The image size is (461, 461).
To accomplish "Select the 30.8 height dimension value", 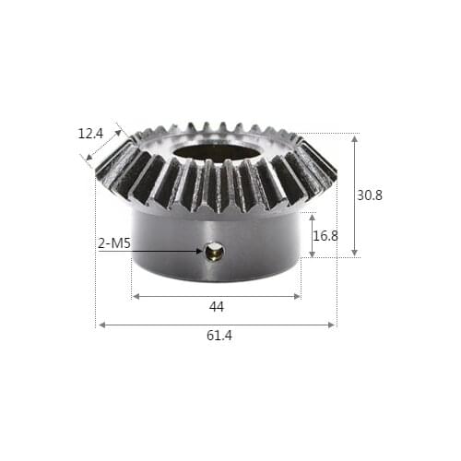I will click(369, 195).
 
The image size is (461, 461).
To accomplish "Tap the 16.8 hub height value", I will click(325, 236).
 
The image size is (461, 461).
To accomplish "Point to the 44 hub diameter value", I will click(217, 306).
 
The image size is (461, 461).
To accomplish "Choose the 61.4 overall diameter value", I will click(219, 336).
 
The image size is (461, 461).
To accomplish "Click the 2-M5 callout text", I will click(114, 243).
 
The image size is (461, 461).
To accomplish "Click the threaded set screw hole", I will click(214, 251).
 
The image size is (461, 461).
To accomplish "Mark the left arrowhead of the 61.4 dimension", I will click(101, 325).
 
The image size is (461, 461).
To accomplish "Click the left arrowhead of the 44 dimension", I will click(136, 297).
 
